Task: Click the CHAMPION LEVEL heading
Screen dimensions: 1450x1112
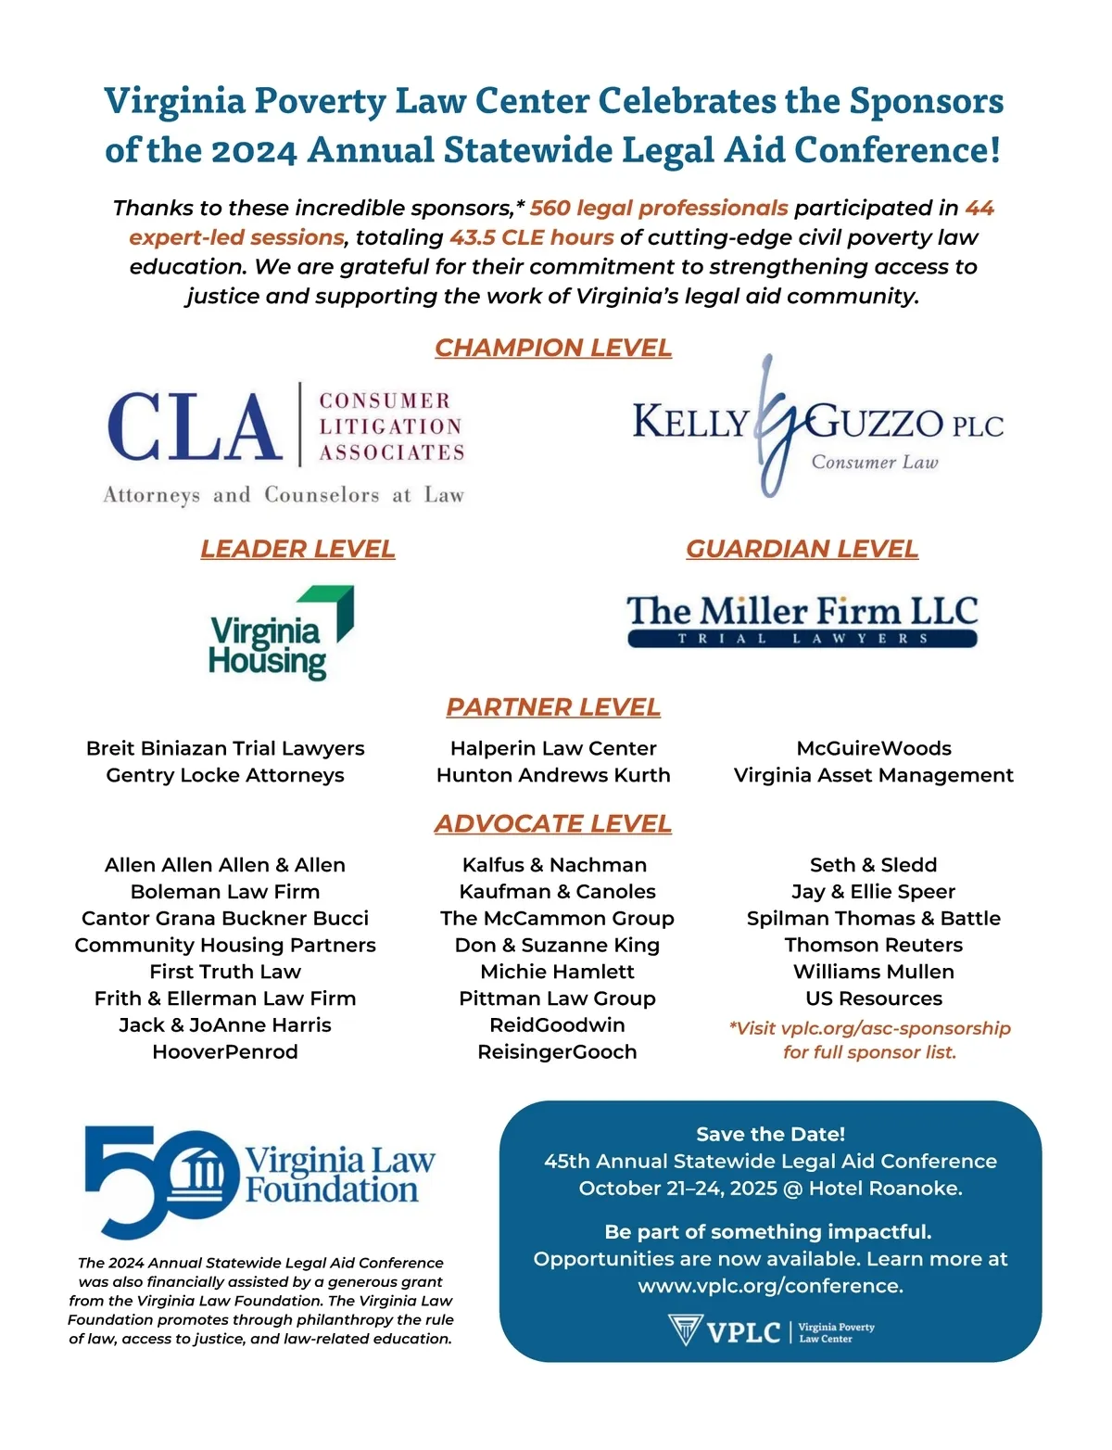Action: coord(553,348)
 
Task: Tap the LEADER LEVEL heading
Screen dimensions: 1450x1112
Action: coord(297,549)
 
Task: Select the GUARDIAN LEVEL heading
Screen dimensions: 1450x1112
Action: coord(802,549)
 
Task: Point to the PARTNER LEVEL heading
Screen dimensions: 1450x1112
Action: coord(553,707)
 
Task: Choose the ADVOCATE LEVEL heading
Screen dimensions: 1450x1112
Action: coord(553,824)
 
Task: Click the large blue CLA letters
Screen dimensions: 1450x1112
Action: coord(195,426)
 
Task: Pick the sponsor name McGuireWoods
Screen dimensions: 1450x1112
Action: coord(874,748)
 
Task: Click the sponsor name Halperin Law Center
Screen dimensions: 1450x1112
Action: coord(553,748)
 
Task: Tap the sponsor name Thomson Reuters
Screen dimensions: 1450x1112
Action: coord(874,945)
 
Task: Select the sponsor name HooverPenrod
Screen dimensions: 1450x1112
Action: coord(225,1052)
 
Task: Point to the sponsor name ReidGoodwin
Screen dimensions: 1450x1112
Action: coord(557,1025)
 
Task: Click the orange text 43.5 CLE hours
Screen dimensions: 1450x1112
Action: coord(532,237)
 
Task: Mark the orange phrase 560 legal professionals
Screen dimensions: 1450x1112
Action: coord(659,208)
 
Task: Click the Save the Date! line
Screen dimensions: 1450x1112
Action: coord(770,1134)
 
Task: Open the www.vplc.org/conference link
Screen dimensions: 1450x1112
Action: coord(770,1286)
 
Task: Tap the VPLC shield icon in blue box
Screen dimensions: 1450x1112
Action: coord(685,1330)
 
